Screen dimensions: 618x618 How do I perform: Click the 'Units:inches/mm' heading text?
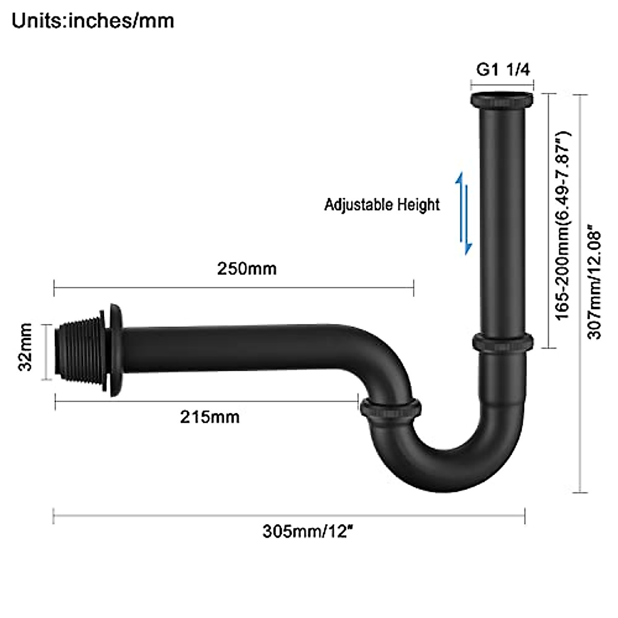coord(93,21)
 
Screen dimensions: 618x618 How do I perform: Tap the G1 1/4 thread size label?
coord(503,70)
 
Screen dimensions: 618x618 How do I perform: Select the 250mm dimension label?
coord(247,269)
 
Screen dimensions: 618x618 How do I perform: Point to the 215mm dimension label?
coord(210,416)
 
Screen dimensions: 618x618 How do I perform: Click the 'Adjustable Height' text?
coord(382,205)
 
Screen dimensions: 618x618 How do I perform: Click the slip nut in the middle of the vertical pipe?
coord(502,342)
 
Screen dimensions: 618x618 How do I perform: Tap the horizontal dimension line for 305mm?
coord(288,516)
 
